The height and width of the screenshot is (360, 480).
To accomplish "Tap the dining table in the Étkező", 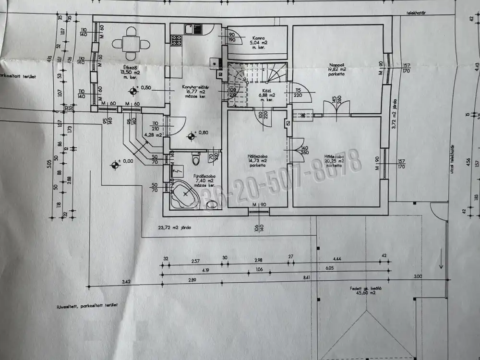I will click(x=129, y=44).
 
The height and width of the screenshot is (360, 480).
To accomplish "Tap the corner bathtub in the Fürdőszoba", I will click(x=184, y=194).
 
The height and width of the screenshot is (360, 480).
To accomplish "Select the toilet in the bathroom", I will click(x=195, y=157).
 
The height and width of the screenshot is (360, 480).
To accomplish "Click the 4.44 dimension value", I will click(x=337, y=259).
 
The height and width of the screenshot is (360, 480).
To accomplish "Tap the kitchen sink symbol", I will click(x=189, y=30).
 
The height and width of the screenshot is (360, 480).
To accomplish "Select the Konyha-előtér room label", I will click(x=194, y=87).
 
